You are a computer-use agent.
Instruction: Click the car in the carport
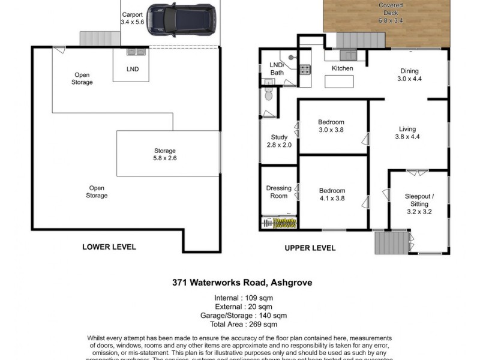(181, 19)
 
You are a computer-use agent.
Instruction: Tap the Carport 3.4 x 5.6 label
(132, 18)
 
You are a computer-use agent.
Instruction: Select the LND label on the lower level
(133, 69)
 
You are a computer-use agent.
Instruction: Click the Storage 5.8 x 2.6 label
(165, 154)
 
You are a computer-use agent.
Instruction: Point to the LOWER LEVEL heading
(109, 247)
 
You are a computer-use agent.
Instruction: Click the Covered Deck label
(390, 13)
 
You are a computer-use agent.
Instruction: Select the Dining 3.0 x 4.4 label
(410, 75)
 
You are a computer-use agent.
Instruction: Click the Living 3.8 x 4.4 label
(408, 132)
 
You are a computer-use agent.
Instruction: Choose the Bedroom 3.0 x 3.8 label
(331, 126)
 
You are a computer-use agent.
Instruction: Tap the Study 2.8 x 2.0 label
(279, 141)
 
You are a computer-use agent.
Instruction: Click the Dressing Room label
(279, 192)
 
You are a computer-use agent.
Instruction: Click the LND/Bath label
(277, 69)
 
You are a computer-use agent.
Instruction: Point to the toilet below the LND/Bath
(268, 95)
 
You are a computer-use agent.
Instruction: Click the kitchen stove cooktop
(305, 69)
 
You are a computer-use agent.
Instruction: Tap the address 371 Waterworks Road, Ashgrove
(242, 283)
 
